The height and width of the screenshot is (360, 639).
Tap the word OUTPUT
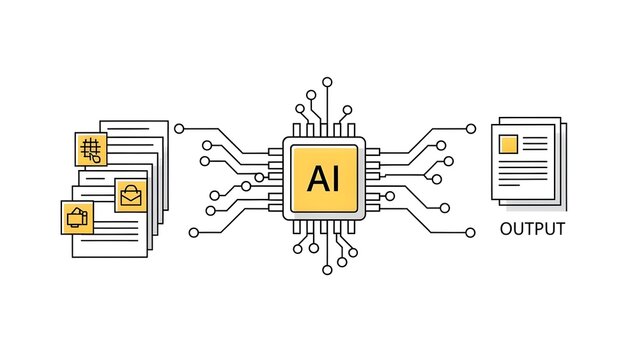pos(532,229)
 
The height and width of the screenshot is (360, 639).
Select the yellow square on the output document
pos(508,144)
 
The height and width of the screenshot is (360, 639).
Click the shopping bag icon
pos(131,194)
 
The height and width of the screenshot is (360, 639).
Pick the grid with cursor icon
pos(91,150)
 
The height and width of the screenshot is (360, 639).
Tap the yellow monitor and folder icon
pos(77,215)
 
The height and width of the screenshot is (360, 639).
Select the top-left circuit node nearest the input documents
pos(179,128)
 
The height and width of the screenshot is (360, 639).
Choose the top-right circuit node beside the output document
pos(471,128)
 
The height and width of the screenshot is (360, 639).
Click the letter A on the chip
pos(314,178)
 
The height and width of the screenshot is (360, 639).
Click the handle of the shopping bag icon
pos(131,188)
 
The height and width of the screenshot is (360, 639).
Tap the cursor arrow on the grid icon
pos(96,156)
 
